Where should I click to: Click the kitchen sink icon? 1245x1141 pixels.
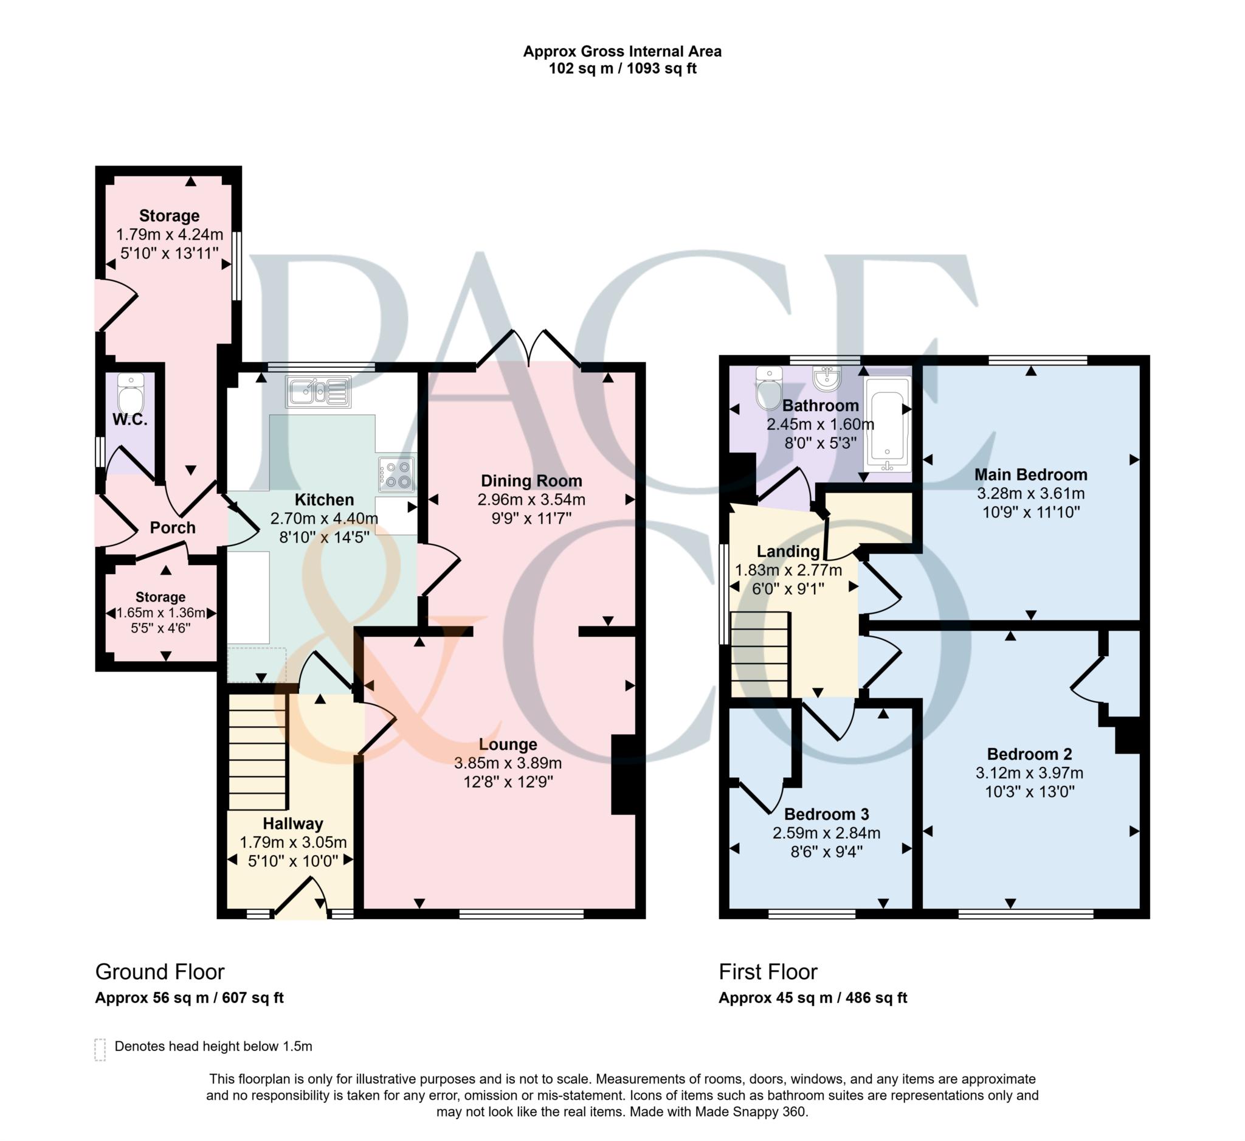[318, 392]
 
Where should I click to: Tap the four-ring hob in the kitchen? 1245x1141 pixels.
[396, 474]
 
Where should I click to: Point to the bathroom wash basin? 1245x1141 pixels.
[827, 378]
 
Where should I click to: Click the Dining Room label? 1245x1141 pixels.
[531, 480]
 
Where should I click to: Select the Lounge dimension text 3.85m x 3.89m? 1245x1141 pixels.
[508, 763]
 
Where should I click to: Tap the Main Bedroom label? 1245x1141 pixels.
[1030, 474]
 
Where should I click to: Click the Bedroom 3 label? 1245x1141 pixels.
[826, 814]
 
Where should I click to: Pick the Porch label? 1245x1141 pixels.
[172, 527]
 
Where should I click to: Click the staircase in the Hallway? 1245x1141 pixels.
[258, 752]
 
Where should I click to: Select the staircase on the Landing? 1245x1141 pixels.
[760, 654]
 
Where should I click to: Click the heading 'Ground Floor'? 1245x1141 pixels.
[159, 972]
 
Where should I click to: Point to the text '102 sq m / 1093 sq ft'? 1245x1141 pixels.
[622, 69]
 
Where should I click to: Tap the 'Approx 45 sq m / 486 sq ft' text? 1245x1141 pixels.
[812, 997]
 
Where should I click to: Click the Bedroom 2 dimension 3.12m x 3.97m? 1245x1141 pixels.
[1029, 772]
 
